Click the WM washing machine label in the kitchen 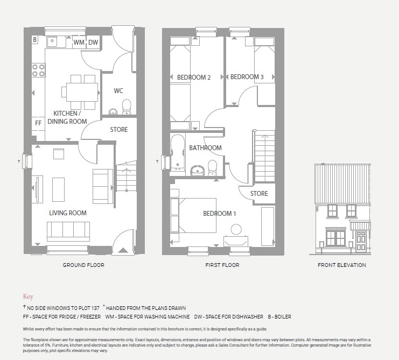pyautogui.click(x=79, y=43)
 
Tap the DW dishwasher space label pyautogui.click(x=93, y=43)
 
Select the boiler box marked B pyautogui.click(x=35, y=40)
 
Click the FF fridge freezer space pyautogui.click(x=38, y=123)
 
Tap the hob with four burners pyautogui.click(x=38, y=69)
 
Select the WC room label pyautogui.click(x=118, y=91)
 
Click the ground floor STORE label pyautogui.click(x=119, y=130)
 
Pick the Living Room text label pyautogui.click(x=68, y=213)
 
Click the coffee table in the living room pyautogui.click(x=58, y=189)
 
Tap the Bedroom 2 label pyautogui.click(x=194, y=77)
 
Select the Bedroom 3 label pyautogui.click(x=247, y=77)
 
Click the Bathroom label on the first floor pyautogui.click(x=205, y=148)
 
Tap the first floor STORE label pyautogui.click(x=259, y=194)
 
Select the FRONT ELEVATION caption pyautogui.click(x=341, y=265)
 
